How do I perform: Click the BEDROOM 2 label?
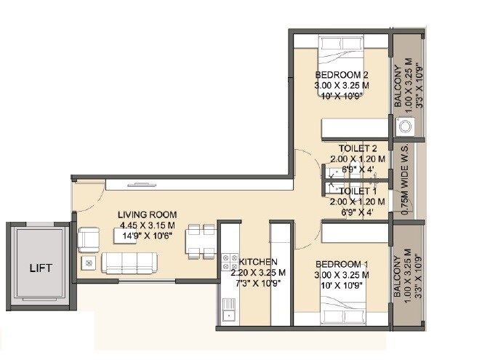[342, 75]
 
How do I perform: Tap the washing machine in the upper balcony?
[404, 126]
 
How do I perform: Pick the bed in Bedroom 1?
[340, 314]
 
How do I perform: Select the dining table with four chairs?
[198, 241]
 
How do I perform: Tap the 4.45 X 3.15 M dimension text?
[148, 225]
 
